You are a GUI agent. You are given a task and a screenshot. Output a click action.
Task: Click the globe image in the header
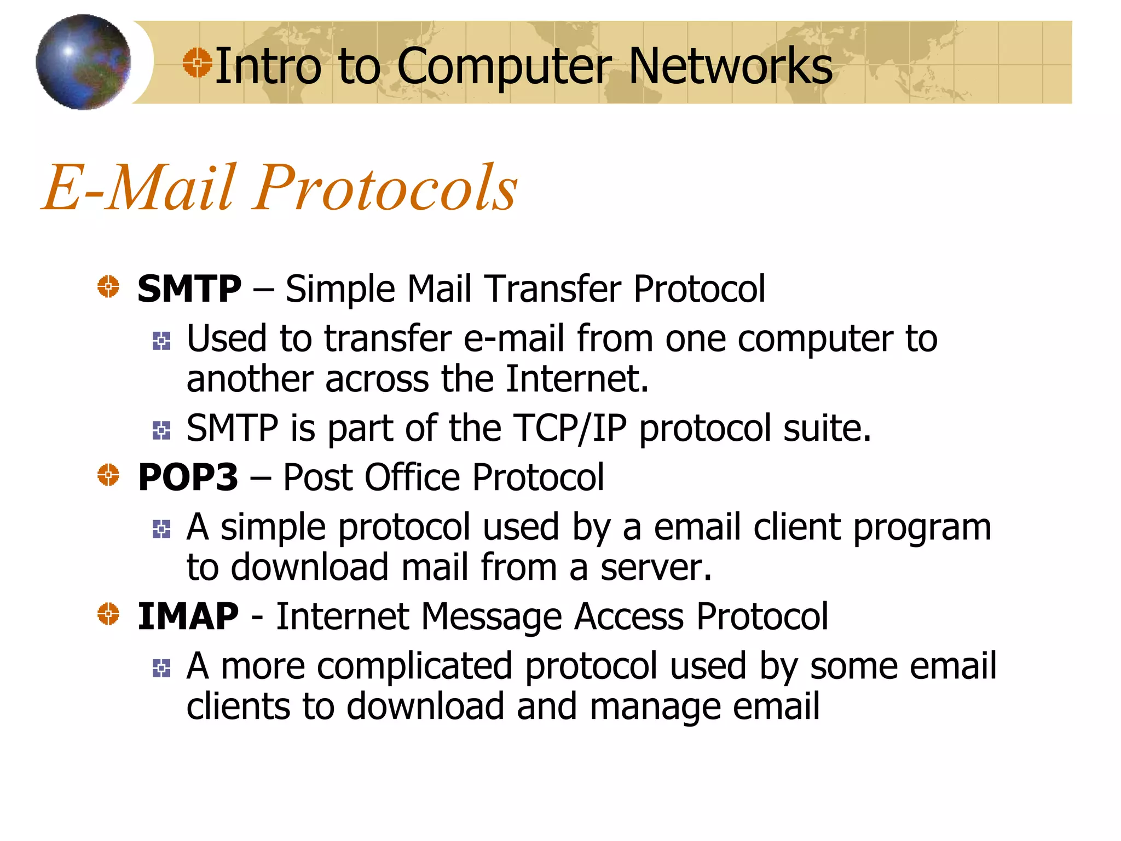83,62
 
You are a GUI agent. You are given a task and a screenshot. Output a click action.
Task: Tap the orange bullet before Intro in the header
197,62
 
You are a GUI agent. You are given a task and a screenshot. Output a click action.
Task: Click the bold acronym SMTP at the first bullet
189,289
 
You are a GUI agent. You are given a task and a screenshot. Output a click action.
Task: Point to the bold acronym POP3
188,477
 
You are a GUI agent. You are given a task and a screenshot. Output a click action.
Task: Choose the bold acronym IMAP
188,617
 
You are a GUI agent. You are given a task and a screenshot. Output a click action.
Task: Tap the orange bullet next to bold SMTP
108,286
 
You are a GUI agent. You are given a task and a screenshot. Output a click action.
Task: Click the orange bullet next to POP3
108,475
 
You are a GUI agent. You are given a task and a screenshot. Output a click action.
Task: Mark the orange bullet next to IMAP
108,614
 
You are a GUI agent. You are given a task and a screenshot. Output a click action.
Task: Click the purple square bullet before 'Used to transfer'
161,341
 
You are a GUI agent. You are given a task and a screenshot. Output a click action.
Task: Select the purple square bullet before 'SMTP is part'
161,430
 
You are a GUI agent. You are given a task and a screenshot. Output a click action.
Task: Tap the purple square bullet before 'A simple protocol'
161,529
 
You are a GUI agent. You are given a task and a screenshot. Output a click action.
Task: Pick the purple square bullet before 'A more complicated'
161,668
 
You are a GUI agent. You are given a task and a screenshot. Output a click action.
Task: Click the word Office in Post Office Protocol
412,477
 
